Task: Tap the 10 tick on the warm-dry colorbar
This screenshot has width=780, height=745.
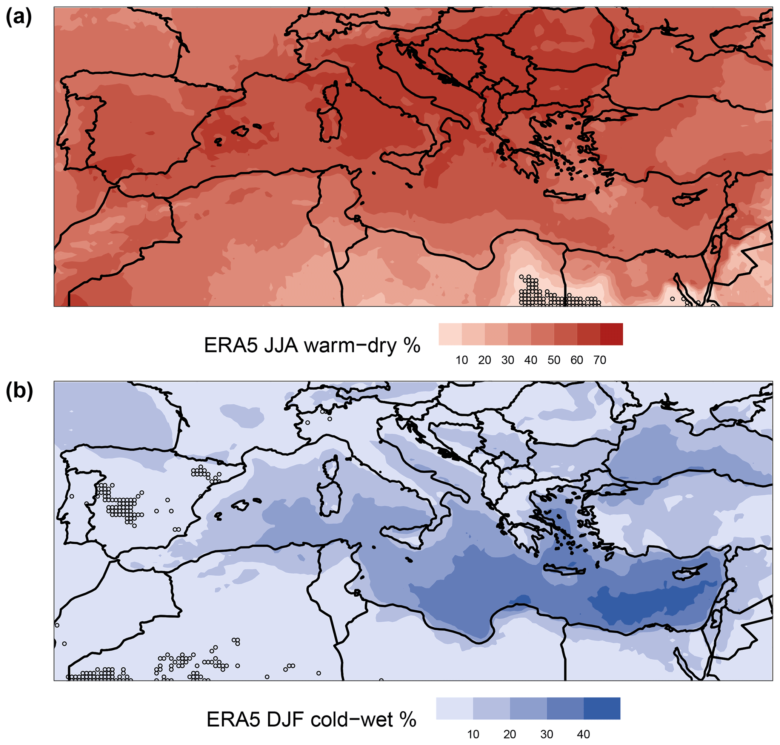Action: point(462,360)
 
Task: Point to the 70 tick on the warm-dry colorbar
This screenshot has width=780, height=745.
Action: point(600,360)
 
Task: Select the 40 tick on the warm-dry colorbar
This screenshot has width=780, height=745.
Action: point(531,360)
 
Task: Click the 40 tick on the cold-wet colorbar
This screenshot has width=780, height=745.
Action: point(583,734)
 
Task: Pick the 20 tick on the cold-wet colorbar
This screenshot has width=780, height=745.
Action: point(510,734)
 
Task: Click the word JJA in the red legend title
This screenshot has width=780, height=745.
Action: point(280,346)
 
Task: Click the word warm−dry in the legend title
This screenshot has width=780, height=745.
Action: point(351,346)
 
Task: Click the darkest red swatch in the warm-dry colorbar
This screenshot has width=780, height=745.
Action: point(611,334)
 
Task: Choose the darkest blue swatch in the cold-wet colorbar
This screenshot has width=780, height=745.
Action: point(602,708)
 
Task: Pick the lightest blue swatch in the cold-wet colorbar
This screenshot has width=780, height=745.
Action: point(455,708)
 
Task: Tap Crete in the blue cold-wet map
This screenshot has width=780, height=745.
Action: point(565,570)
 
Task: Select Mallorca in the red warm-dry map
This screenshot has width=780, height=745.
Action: point(240,130)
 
